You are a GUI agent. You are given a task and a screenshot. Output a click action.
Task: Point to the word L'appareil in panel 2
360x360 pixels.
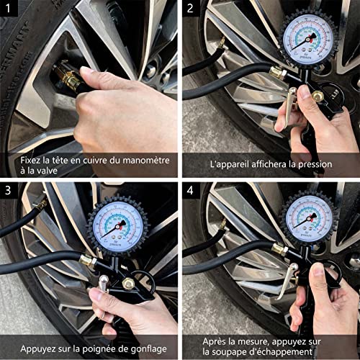pyautogui.click(x=230, y=164)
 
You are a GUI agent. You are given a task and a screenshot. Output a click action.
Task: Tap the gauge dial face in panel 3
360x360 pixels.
pyautogui.click(x=117, y=222)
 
